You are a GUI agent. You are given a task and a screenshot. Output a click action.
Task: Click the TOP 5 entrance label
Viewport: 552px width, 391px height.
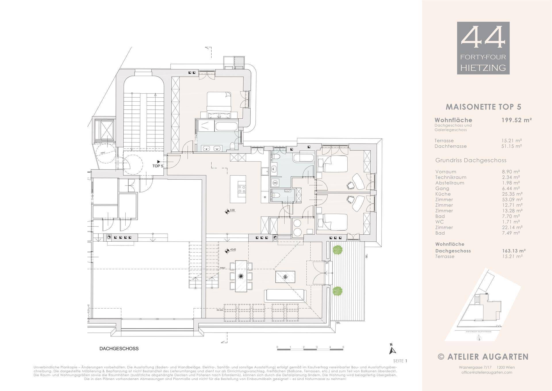158,166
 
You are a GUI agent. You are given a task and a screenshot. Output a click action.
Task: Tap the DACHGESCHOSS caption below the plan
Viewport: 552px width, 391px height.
119,348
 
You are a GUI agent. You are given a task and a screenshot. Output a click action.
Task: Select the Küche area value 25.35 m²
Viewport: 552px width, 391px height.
512,194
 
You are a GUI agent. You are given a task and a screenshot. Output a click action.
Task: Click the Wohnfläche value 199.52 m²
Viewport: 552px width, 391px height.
517,120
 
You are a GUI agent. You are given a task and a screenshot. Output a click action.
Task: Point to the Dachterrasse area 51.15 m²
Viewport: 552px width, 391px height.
512,146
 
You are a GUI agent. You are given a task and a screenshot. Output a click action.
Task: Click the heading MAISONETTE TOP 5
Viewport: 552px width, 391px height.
483,107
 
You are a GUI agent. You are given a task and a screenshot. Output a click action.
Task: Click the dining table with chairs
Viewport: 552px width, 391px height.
241,276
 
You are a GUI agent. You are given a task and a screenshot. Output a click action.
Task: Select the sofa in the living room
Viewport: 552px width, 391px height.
285,295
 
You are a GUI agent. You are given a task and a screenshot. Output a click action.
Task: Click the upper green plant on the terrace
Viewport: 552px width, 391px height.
338,250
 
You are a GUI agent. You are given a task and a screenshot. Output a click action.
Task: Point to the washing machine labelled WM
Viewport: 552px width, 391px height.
275,183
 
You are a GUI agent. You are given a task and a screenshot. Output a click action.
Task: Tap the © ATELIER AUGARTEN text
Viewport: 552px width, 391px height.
483,357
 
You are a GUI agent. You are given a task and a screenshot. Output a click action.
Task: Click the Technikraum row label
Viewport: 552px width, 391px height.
451,177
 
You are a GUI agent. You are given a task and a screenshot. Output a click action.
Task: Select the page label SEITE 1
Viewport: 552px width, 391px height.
400,361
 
